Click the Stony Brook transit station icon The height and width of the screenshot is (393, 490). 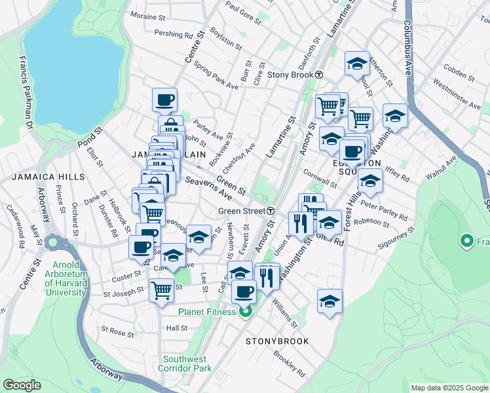coord(318,75)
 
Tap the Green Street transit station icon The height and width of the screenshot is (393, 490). coord(270,211)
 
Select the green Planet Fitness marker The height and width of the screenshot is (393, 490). coord(245,312)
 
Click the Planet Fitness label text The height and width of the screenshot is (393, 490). coord(206,312)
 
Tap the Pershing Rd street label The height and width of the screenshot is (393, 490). coord(173,33)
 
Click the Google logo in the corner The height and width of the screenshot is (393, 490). coord(22,385)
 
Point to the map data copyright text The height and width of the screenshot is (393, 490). coord(449,388)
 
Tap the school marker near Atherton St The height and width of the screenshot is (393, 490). coord(357,64)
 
